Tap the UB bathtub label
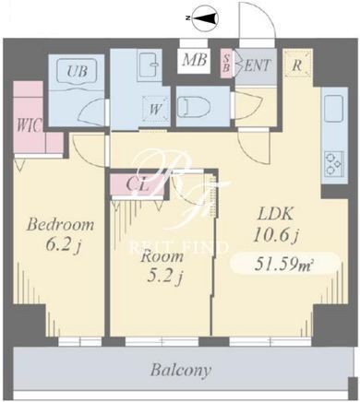[78, 71]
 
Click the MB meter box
[194, 60]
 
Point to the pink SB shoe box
[226, 64]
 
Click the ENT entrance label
[257, 65]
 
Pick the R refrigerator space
[297, 64]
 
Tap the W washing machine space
[156, 109]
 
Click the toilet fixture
[194, 107]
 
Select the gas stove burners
[333, 163]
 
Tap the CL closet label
[138, 185]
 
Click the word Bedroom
[61, 224]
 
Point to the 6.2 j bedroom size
[63, 245]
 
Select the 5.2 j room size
[165, 277]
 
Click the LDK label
[276, 214]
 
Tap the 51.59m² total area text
[283, 265]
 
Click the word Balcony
[181, 370]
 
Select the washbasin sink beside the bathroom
[150, 65]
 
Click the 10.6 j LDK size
[276, 236]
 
